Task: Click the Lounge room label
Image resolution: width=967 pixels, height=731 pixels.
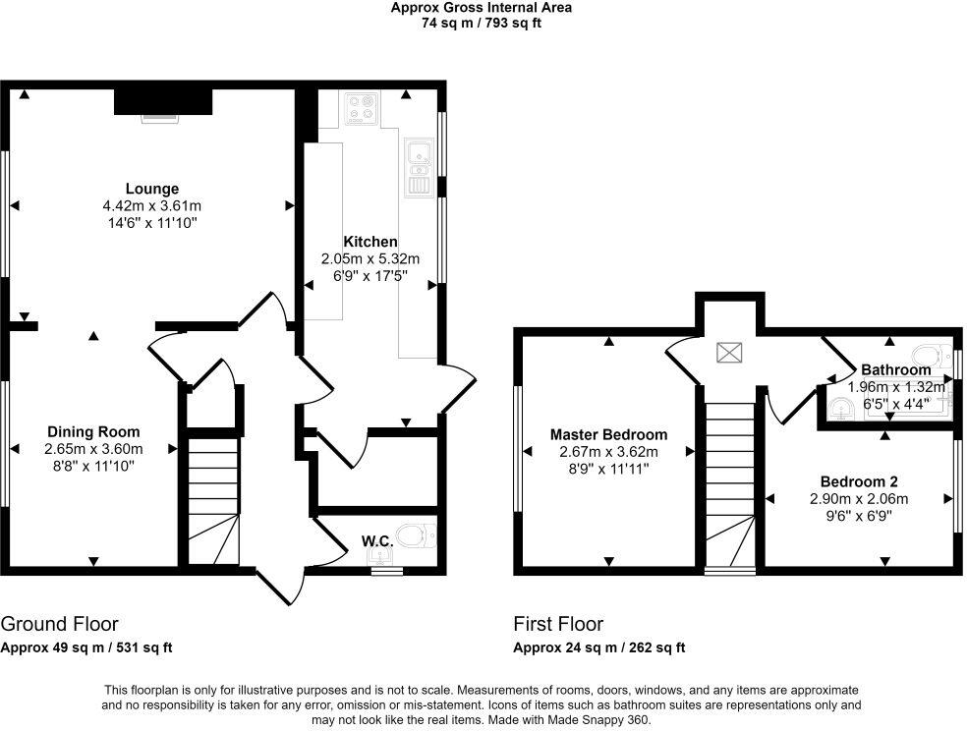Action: pos(151,189)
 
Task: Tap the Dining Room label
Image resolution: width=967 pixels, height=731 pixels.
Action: pos(93,431)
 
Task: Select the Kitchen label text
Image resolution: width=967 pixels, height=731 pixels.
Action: pos(370,242)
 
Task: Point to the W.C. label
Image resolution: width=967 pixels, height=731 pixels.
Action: pos(377,540)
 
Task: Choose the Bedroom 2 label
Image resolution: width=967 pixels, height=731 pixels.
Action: pos(859,481)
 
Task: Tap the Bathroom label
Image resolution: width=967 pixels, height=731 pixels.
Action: pos(895,370)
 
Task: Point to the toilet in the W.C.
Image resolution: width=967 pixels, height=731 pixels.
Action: pos(420,535)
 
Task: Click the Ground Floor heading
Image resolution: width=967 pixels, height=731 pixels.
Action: pos(59,624)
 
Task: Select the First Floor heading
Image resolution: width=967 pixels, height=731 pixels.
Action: pos(558,624)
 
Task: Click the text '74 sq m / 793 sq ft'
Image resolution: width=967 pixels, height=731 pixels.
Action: pos(481,23)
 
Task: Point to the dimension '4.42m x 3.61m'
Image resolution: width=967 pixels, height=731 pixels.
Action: pos(151,206)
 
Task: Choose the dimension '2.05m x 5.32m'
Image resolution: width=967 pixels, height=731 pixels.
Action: pos(370,259)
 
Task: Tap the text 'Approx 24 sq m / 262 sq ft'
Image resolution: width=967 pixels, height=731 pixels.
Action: pos(598,647)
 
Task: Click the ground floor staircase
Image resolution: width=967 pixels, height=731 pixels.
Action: pos(212,501)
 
